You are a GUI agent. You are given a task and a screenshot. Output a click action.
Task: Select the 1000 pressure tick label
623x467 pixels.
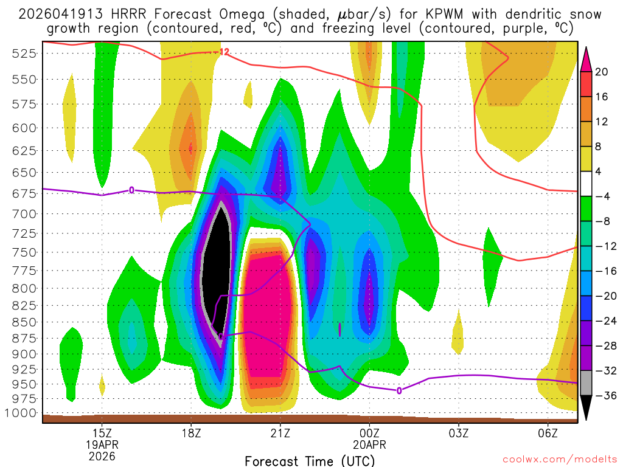click(21, 413)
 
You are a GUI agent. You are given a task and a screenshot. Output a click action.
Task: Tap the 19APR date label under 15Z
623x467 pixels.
click(102, 445)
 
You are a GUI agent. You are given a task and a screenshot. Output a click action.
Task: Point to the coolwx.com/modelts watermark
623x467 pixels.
click(560, 460)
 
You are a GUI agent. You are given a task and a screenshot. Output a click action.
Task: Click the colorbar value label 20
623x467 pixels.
click(602, 72)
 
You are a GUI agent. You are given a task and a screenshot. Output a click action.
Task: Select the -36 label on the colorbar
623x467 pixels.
click(604, 396)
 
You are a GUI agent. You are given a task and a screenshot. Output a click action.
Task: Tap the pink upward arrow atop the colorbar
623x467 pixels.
click(586, 58)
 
